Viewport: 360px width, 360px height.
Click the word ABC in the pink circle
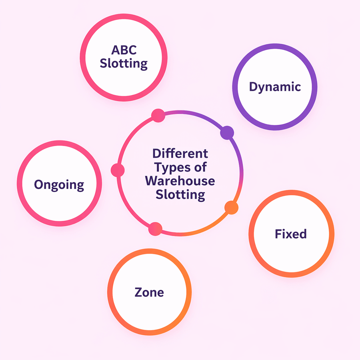click(x=124, y=51)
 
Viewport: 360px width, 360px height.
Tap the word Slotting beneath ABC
click(x=124, y=64)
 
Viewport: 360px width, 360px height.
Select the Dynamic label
click(x=275, y=87)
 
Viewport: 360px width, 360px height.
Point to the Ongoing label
click(x=59, y=185)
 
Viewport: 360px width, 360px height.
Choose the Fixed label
click(x=291, y=234)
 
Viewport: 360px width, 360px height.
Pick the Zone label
click(x=149, y=292)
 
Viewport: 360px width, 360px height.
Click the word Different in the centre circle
click(x=180, y=153)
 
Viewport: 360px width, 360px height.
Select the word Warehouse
click(x=180, y=180)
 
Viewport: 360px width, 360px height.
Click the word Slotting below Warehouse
click(x=180, y=194)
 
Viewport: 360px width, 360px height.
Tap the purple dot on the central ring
click(x=227, y=132)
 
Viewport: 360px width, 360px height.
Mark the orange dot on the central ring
click(x=231, y=207)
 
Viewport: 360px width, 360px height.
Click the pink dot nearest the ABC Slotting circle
click(x=158, y=115)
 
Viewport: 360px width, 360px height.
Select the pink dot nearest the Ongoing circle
click(x=118, y=170)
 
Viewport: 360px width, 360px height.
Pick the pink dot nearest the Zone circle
click(x=155, y=229)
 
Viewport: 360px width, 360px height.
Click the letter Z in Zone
click(x=138, y=292)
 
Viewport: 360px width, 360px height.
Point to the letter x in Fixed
click(x=289, y=234)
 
